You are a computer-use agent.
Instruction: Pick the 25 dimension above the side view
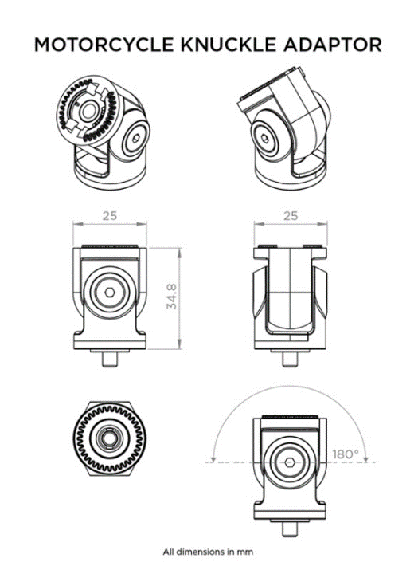point(289,215)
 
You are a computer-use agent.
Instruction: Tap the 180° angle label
point(346,454)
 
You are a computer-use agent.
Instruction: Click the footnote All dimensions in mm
point(209,551)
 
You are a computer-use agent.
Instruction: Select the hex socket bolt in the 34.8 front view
point(110,293)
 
